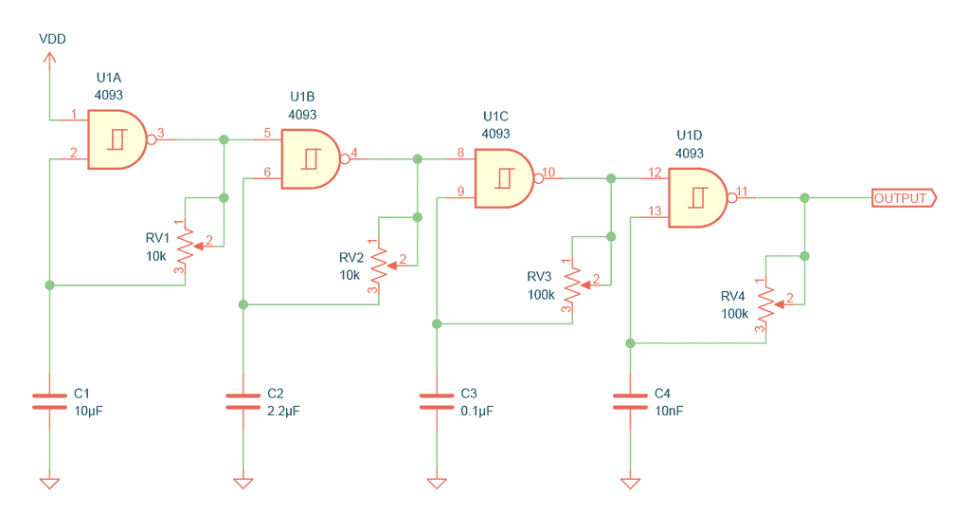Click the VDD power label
click(52, 39)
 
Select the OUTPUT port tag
click(904, 198)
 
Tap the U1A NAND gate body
click(117, 139)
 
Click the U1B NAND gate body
click(311, 159)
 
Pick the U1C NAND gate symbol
click(504, 178)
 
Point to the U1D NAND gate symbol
click(698, 197)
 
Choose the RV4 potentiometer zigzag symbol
click(766, 304)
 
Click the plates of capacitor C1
click(49, 401)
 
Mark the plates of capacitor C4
click(630, 401)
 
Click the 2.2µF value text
click(283, 412)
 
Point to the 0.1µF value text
click(477, 412)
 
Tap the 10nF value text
click(669, 412)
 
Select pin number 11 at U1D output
click(742, 192)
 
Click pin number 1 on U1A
click(74, 114)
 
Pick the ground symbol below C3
click(437, 483)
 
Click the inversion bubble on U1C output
click(538, 178)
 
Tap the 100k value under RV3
click(541, 295)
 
